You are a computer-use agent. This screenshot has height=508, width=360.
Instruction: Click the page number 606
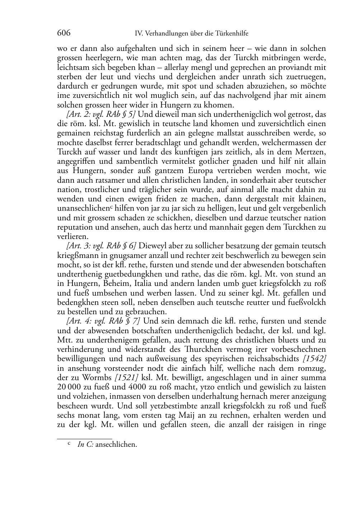coord(63,33)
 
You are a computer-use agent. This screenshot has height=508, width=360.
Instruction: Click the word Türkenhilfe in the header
coord(232,34)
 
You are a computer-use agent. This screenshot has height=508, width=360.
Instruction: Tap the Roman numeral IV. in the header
coord(138,34)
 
